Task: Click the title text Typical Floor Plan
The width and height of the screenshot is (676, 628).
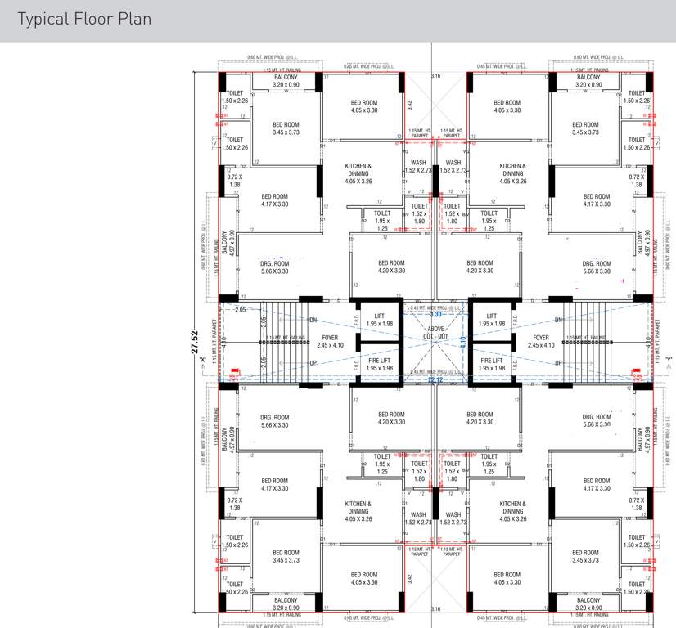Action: [84, 19]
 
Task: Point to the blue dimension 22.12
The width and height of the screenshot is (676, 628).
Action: [435, 379]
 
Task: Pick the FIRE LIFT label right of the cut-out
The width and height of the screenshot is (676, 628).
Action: [491, 364]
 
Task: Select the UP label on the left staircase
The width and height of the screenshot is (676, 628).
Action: [313, 363]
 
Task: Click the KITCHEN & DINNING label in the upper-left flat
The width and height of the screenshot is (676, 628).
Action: [358, 173]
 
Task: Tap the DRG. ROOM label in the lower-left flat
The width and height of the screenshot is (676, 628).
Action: [275, 421]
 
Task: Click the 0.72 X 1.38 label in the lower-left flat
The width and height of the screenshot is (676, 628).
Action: [236, 504]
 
